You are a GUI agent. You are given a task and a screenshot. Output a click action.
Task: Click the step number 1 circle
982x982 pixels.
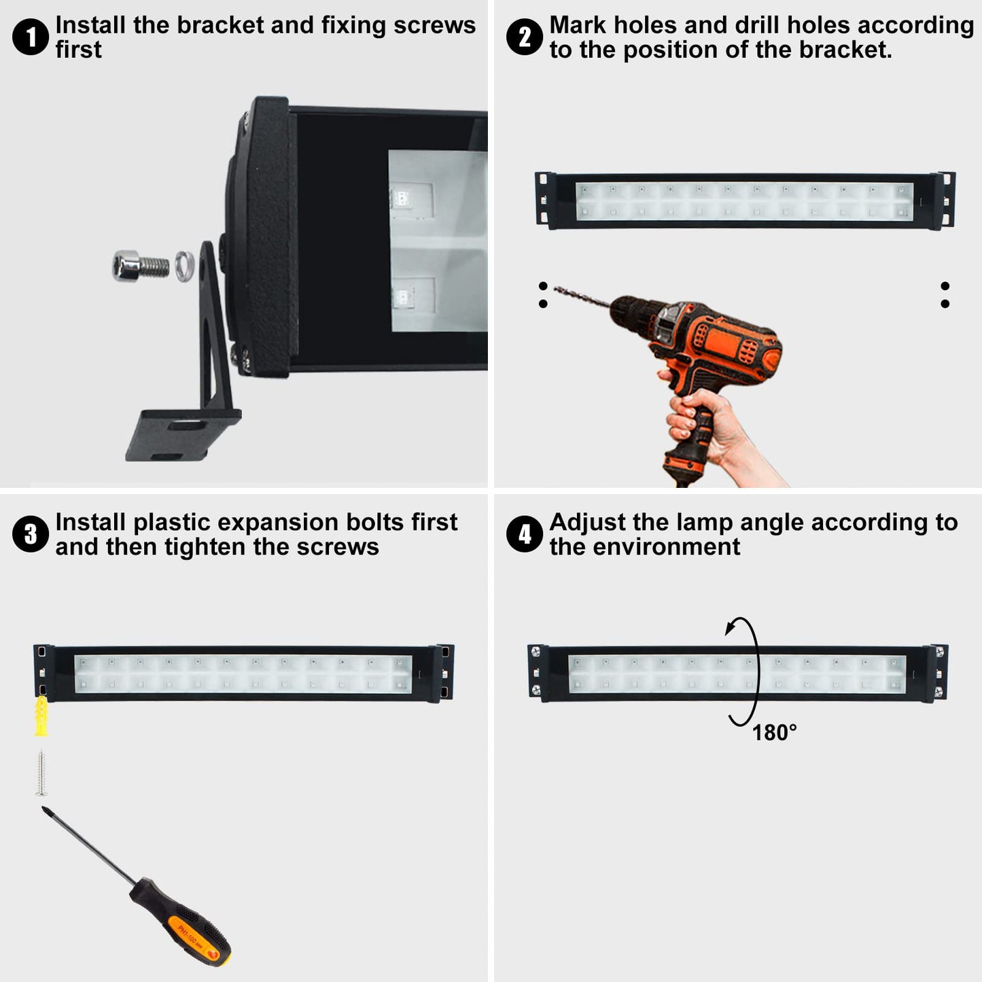pyautogui.click(x=31, y=37)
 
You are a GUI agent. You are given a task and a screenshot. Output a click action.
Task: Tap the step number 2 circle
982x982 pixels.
pyautogui.click(x=525, y=37)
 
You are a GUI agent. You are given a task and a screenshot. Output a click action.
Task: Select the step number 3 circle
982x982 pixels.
pyautogui.click(x=31, y=533)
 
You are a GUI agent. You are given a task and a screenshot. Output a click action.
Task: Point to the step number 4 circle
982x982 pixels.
pyautogui.click(x=525, y=533)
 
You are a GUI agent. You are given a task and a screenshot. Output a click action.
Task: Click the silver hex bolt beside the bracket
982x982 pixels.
pyautogui.click(x=140, y=266)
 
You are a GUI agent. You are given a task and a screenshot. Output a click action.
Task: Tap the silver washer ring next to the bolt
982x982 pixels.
pyautogui.click(x=184, y=266)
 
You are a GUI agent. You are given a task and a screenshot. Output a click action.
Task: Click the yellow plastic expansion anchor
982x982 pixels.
pyautogui.click(x=41, y=716)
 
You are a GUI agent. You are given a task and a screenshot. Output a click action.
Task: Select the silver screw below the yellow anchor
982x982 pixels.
pyautogui.click(x=41, y=773)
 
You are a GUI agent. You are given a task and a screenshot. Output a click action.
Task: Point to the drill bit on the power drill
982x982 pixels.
pyautogui.click(x=582, y=296)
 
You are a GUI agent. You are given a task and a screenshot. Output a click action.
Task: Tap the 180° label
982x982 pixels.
pyautogui.click(x=774, y=733)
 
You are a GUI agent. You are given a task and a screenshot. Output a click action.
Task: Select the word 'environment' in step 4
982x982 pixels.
pyautogui.click(x=667, y=547)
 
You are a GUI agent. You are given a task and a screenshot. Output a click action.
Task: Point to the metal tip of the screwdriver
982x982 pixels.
pyautogui.click(x=46, y=810)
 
